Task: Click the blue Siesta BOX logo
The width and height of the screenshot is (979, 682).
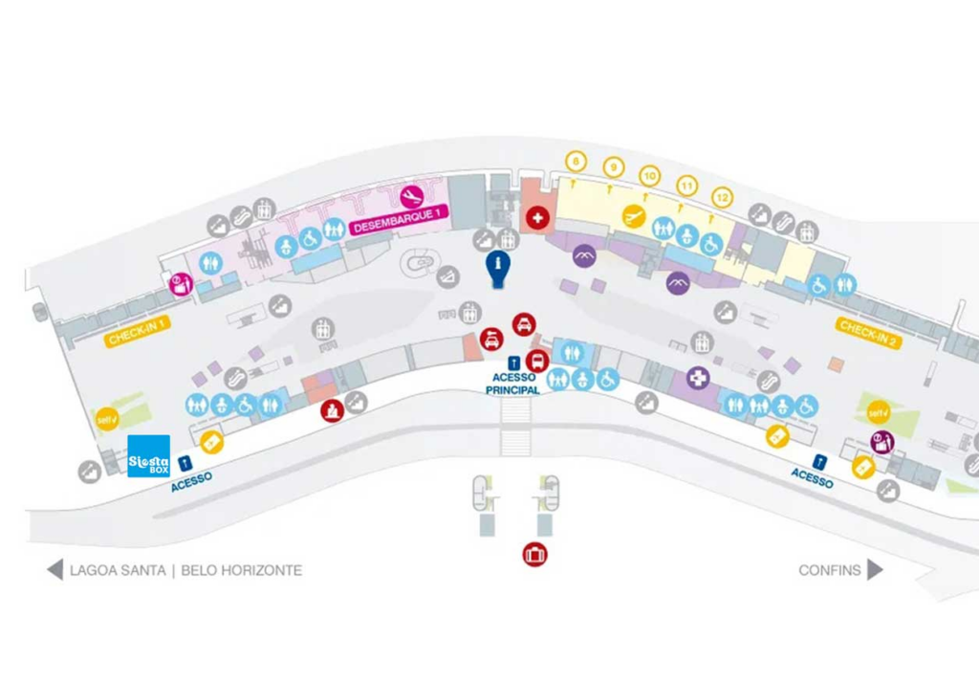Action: [148, 456]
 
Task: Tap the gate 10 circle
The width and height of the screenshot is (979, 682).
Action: [650, 176]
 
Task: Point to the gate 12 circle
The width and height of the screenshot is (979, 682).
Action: [724, 197]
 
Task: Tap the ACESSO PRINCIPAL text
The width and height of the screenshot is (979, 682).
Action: [516, 384]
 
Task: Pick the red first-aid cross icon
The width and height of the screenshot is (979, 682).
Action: [538, 218]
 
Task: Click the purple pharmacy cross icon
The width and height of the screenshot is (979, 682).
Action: [699, 379]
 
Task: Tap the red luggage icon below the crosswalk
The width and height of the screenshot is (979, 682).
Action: [534, 554]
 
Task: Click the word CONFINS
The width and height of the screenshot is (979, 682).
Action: [829, 571]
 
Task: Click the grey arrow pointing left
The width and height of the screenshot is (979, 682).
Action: [54, 570]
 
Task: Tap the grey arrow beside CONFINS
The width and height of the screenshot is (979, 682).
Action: [875, 570]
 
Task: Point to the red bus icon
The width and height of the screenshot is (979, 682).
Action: [537, 362]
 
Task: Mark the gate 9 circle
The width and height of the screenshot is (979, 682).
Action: [613, 167]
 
